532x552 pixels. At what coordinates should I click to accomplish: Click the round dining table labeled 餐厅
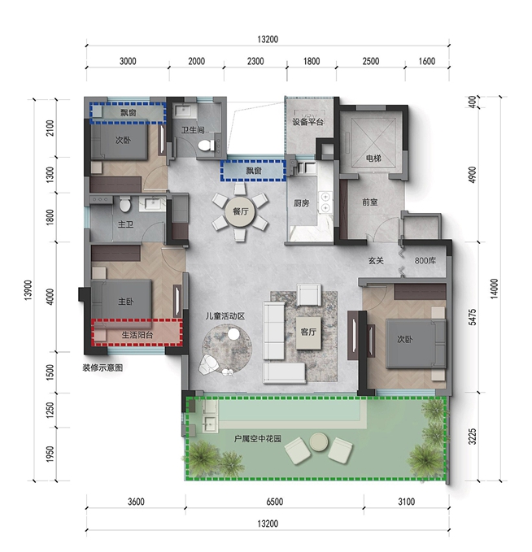(241, 211)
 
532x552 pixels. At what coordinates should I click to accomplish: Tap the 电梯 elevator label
(373, 159)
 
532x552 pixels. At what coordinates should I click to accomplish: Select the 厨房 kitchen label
(301, 203)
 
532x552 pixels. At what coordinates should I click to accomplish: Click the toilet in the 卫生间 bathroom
(206, 145)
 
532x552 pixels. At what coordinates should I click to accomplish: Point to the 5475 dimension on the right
(473, 317)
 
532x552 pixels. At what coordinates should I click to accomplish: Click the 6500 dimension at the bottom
(274, 502)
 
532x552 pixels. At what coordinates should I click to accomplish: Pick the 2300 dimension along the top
(255, 61)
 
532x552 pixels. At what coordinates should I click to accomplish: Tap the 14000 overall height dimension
(495, 289)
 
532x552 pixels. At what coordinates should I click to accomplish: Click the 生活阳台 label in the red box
(137, 335)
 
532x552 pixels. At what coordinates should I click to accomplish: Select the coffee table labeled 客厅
(308, 333)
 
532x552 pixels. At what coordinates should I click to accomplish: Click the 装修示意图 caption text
(102, 368)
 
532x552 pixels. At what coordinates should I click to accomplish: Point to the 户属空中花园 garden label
(258, 439)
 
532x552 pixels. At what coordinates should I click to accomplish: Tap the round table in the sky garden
(319, 441)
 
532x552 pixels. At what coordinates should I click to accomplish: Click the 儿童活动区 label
(225, 316)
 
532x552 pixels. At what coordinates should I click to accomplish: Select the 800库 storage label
(425, 260)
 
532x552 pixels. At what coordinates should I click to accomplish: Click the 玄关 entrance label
(376, 260)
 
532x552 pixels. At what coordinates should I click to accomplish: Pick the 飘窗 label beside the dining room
(254, 171)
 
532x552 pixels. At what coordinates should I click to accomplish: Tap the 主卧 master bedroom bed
(121, 299)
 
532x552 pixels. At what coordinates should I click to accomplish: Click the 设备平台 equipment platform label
(308, 122)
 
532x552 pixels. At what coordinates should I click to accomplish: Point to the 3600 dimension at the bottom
(136, 502)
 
